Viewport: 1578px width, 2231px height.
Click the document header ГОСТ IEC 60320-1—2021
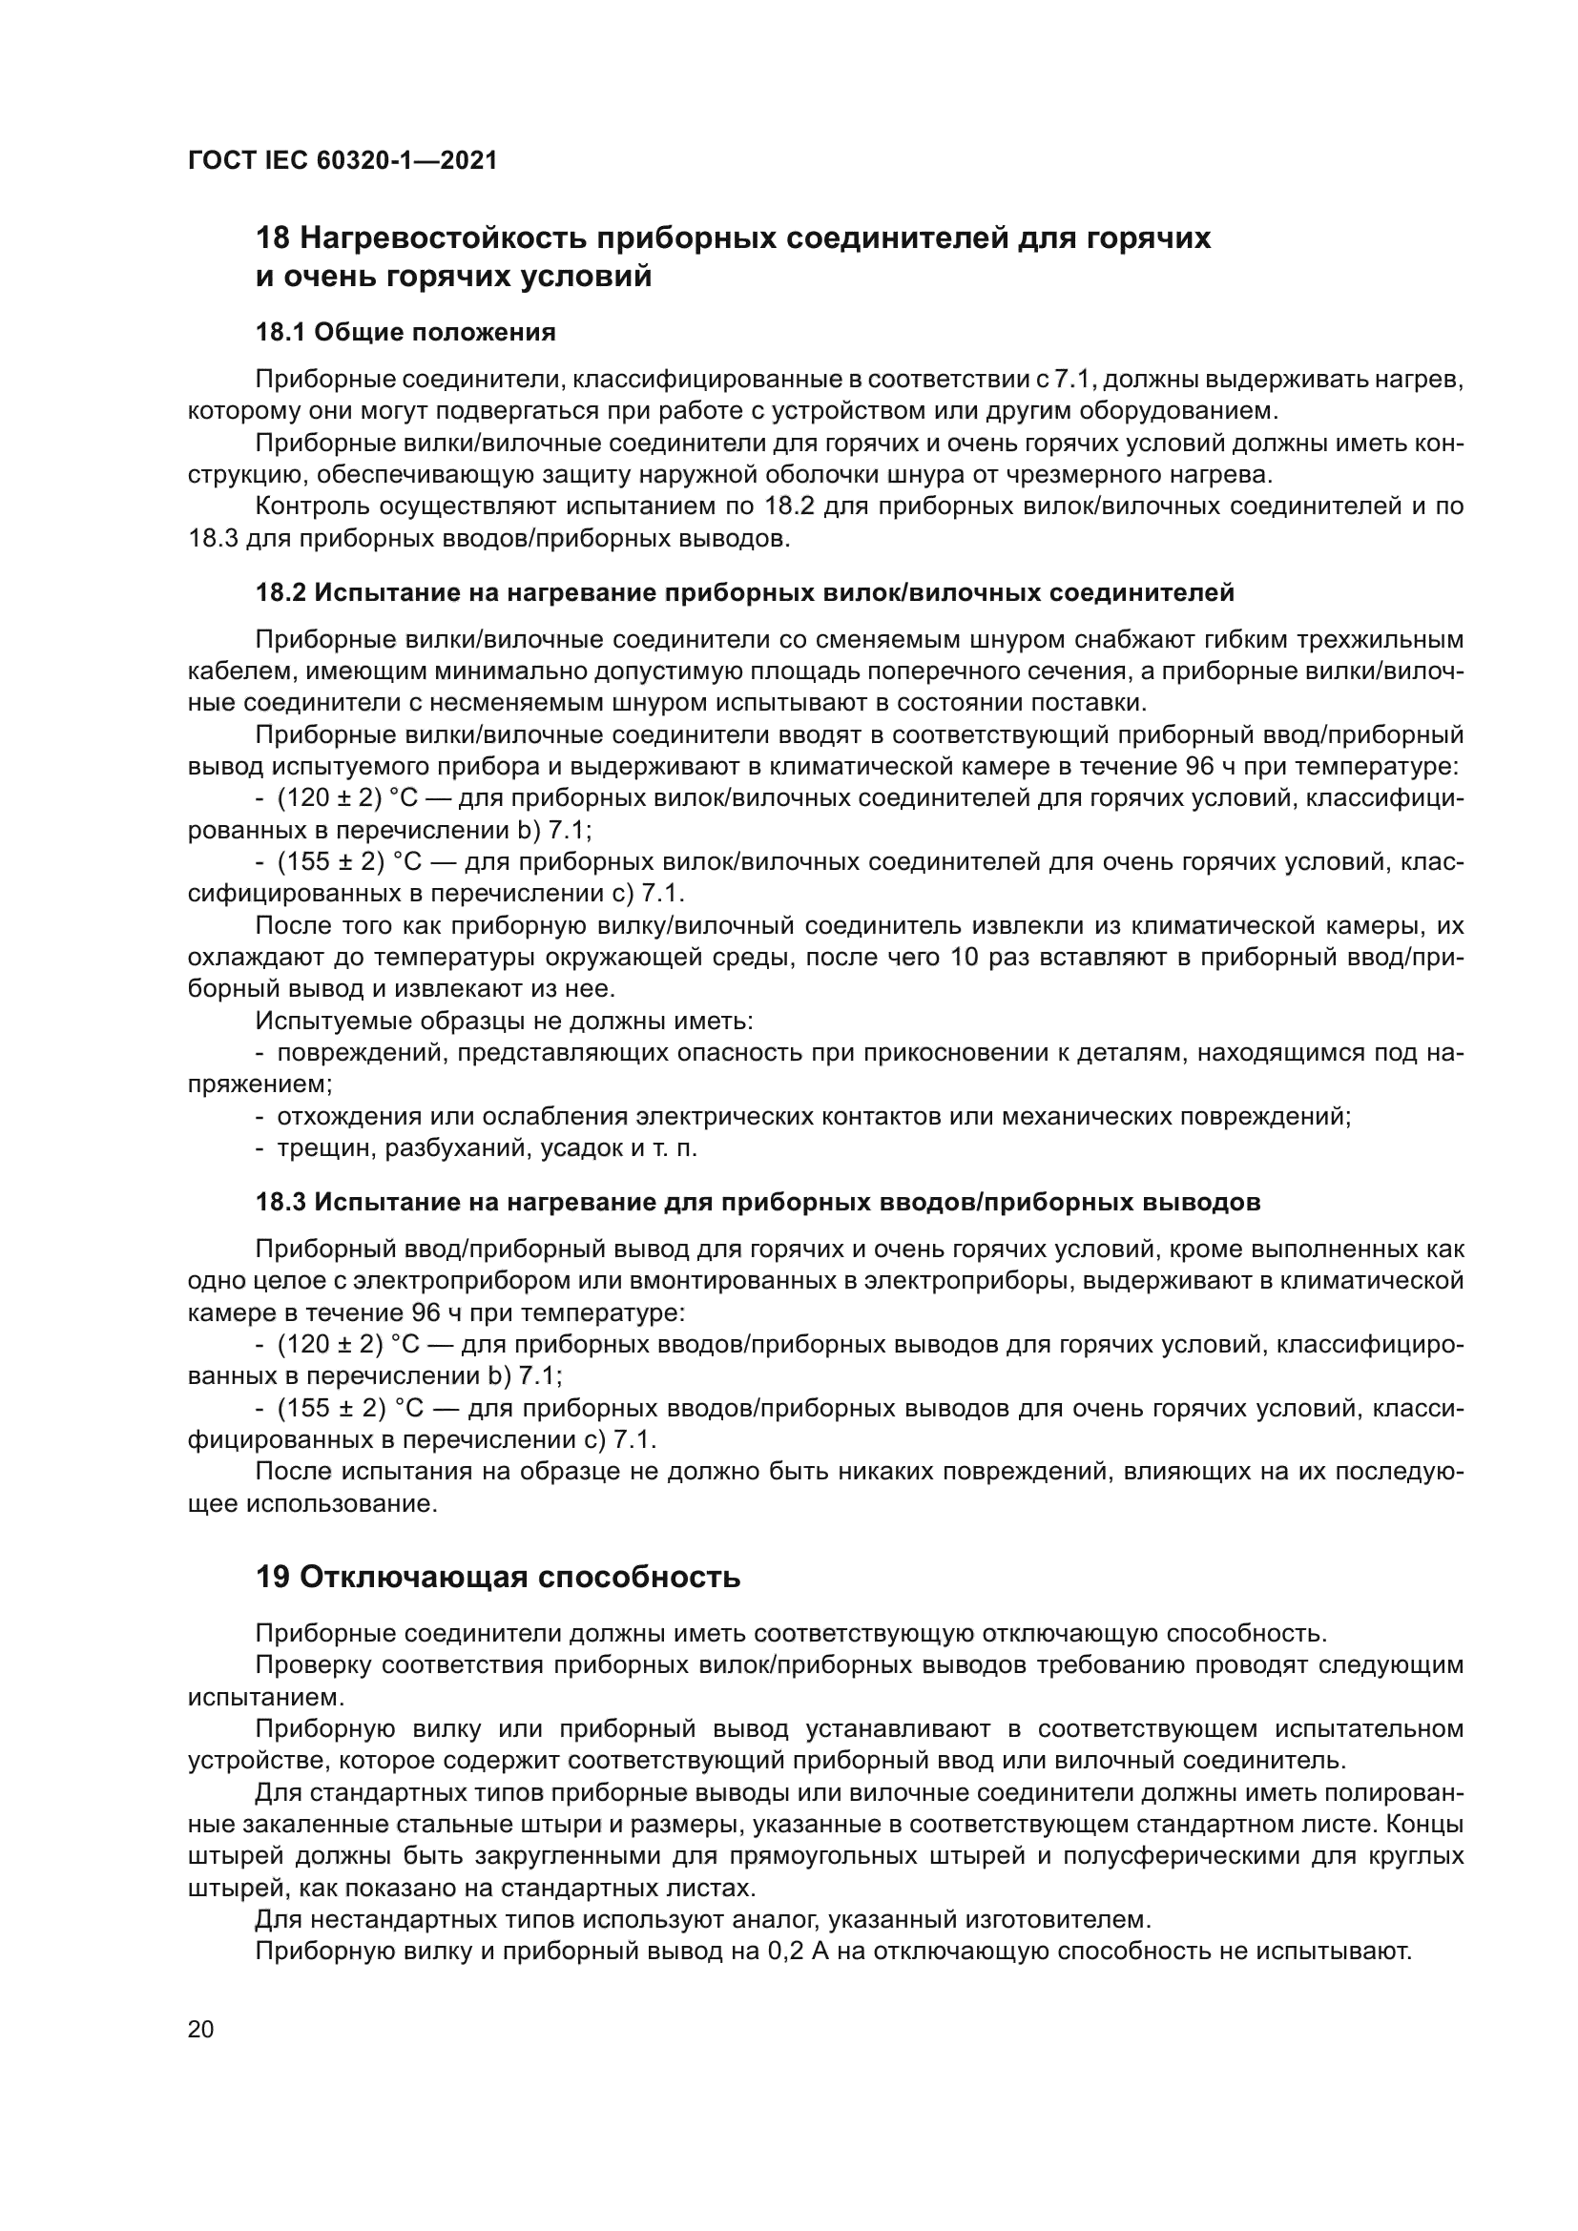(x=343, y=160)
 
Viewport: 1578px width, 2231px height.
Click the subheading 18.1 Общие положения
(x=405, y=332)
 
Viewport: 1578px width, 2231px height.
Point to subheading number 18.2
(x=280, y=592)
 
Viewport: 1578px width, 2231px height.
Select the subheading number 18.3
(x=280, y=1202)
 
